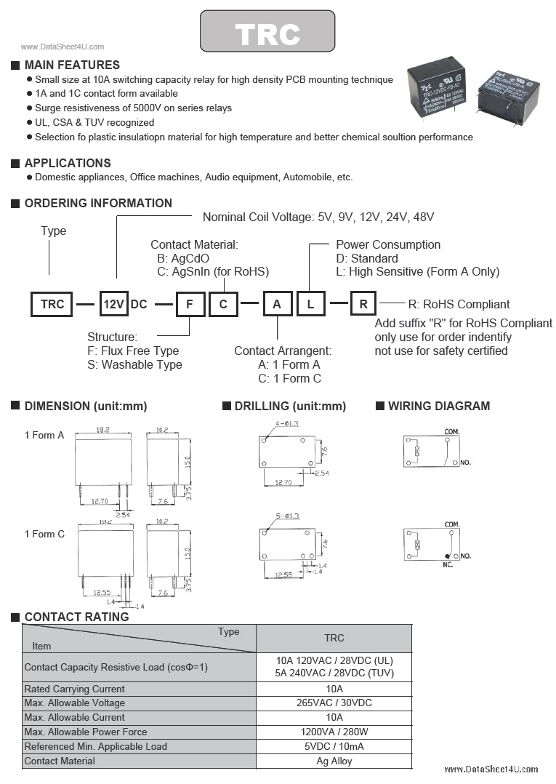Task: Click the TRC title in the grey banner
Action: tap(267, 33)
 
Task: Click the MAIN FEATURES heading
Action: tap(72, 65)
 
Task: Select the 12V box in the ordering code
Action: tap(113, 304)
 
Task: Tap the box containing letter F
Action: tap(190, 304)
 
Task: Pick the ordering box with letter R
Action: tap(363, 304)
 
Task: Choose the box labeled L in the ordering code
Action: tap(310, 304)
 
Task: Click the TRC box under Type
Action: tap(52, 304)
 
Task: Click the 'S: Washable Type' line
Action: tap(134, 364)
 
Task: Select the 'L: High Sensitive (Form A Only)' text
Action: tap(417, 271)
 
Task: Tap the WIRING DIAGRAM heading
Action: tap(439, 406)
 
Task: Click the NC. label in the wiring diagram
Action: tap(448, 564)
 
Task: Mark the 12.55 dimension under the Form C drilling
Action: tap(284, 575)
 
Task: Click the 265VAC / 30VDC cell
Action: tap(334, 703)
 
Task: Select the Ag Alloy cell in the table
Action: tap(334, 761)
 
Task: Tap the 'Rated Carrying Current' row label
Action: tap(74, 689)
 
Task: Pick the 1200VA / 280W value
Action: tap(334, 732)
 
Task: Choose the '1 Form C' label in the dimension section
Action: tap(44, 534)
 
